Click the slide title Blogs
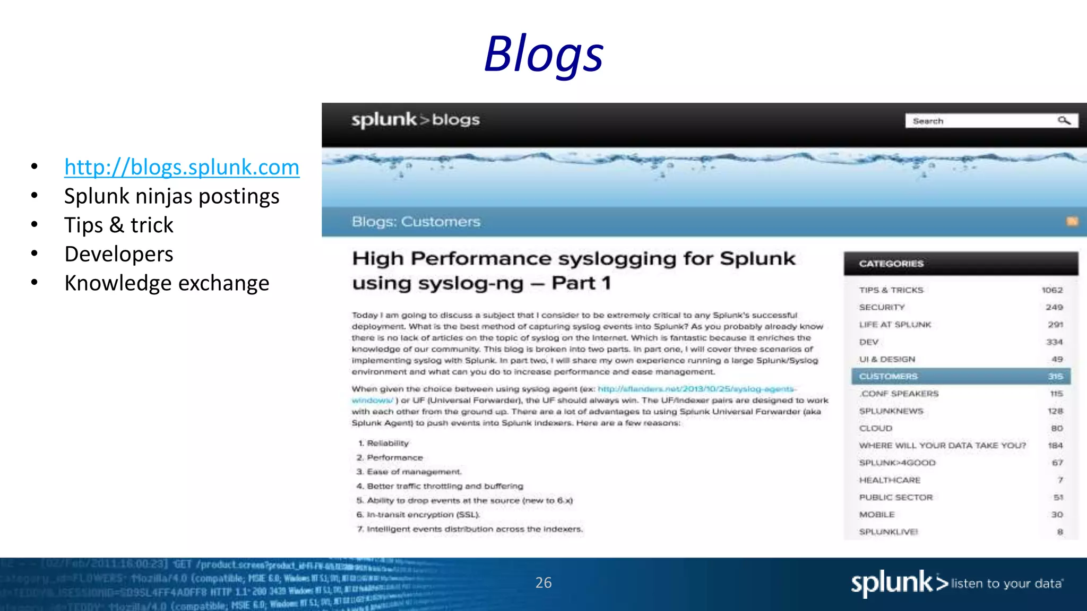click(543, 54)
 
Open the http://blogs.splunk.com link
click(182, 167)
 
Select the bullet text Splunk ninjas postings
click(171, 196)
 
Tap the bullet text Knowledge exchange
click(167, 283)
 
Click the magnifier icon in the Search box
click(1064, 121)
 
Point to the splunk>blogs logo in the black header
click(415, 120)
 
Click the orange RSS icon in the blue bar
click(1072, 221)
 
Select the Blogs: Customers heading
click(416, 222)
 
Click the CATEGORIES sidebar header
click(891, 264)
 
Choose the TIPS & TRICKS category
click(891, 290)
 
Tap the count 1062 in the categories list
click(1052, 290)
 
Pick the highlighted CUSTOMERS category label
click(888, 377)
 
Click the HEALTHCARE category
click(890, 480)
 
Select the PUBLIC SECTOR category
click(895, 497)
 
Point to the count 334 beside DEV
click(1054, 342)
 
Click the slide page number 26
click(543, 582)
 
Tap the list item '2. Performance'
click(390, 457)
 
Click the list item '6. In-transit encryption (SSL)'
click(418, 514)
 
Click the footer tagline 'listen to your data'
click(1006, 584)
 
